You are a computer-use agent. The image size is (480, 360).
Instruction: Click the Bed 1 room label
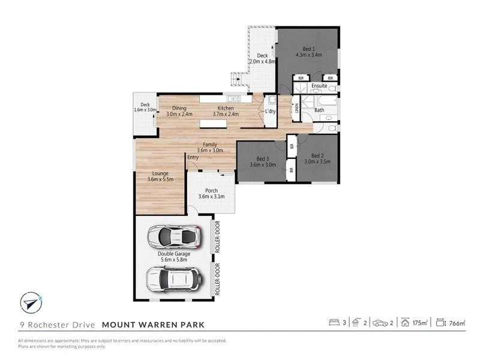pos(309,48)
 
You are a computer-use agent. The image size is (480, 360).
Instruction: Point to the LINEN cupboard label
pos(296,109)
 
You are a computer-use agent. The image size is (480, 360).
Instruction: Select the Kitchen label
pos(226,108)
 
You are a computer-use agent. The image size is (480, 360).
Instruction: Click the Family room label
pos(210,145)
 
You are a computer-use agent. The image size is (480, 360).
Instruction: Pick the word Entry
pos(193,157)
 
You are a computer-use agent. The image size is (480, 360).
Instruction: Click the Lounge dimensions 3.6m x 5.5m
pos(160,179)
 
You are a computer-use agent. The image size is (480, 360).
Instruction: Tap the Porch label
pos(211,191)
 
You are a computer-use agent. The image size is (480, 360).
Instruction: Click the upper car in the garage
pos(173,238)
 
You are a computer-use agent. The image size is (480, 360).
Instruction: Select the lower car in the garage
pos(173,279)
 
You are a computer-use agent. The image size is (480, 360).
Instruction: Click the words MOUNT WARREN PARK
pos(153,325)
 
